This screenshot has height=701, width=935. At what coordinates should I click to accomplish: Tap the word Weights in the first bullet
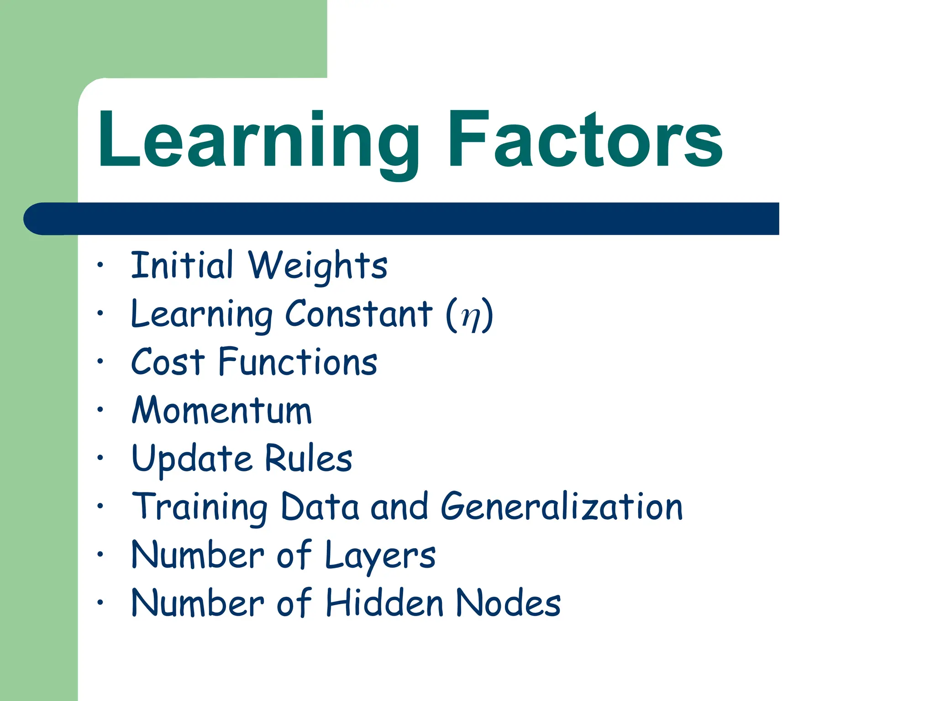pyautogui.click(x=318, y=266)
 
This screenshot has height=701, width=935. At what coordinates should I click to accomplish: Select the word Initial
pyautogui.click(x=182, y=265)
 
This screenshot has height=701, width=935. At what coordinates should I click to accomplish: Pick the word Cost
pyautogui.click(x=168, y=362)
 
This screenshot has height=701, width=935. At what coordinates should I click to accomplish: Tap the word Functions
pyautogui.click(x=298, y=362)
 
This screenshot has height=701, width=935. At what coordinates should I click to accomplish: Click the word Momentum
pyautogui.click(x=222, y=410)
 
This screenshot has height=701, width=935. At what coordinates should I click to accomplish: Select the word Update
pyautogui.click(x=192, y=459)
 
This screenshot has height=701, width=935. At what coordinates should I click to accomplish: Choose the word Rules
pyautogui.click(x=309, y=458)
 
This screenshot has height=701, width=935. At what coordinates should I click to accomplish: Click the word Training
pyautogui.click(x=200, y=507)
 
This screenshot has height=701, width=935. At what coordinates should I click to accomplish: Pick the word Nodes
pyautogui.click(x=508, y=603)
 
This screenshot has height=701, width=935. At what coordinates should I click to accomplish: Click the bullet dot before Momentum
pyautogui.click(x=100, y=409)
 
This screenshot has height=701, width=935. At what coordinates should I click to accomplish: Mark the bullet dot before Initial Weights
pyautogui.click(x=100, y=265)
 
